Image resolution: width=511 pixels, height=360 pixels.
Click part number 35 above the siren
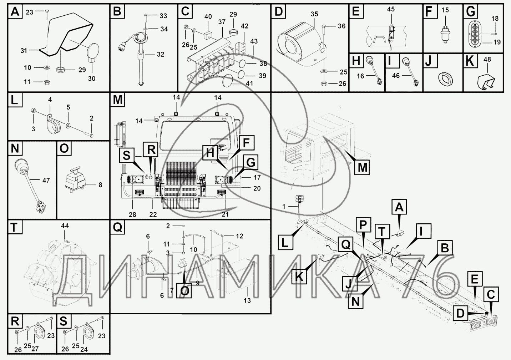pos(314,14)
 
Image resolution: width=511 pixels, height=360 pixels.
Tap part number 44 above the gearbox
pos(65,226)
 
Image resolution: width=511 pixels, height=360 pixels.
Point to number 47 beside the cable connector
pos(46,181)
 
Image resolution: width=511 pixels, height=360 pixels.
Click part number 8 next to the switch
pos(100,185)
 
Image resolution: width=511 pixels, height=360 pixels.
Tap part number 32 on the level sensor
pos(161,55)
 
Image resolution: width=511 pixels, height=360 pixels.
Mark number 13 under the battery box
pos(247,300)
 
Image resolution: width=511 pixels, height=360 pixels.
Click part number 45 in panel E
pos(391,9)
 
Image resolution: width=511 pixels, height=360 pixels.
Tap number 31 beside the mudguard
pos(24,51)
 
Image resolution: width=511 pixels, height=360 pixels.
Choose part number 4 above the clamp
pos(50,99)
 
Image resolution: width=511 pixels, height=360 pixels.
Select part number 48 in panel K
pos(487,60)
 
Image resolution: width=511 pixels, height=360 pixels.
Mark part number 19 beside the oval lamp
pos(497,42)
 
